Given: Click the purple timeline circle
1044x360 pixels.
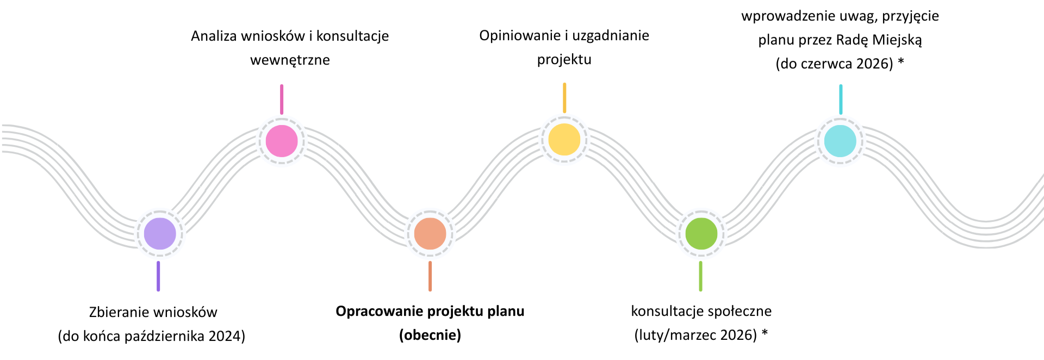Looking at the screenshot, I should tap(160, 234).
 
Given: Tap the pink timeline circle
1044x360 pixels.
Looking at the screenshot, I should tap(282, 141).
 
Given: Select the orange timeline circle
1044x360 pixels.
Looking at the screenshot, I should tap(430, 234).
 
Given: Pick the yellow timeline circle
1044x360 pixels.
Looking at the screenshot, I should tap(564, 140).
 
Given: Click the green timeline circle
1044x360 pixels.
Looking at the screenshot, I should tap(701, 234).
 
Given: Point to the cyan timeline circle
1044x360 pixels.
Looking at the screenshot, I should tap(840, 141).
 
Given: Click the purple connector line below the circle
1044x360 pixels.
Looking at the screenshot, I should tap(158, 276).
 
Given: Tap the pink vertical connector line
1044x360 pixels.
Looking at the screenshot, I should tap(282, 99).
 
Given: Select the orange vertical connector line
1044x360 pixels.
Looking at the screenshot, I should tap(430, 276).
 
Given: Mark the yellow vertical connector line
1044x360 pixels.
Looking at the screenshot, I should tap(564, 98).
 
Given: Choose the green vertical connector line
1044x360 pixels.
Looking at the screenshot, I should tap(700, 276).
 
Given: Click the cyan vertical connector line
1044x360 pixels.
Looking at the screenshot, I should tap(841, 99).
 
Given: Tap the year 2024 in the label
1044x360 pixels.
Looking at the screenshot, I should tap(225, 336).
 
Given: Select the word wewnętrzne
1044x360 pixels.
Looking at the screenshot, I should tap(290, 60).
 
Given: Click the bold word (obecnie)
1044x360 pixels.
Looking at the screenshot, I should tap(430, 335).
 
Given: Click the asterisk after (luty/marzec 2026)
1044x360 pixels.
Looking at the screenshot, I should tap(765, 333).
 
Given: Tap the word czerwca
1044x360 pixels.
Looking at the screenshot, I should tap(826, 64).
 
